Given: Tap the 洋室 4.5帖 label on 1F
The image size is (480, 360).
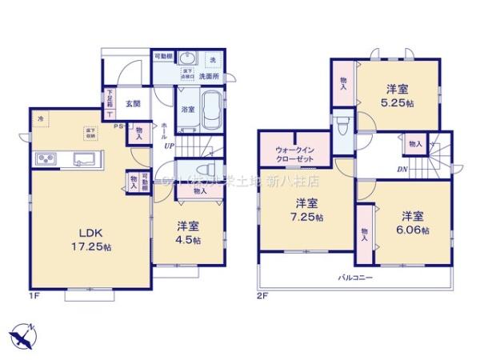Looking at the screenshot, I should [189, 232].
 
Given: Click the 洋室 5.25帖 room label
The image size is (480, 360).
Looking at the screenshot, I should [396, 96].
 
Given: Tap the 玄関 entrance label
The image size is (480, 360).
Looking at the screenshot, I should [133, 103].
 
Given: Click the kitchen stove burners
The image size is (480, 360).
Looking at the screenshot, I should [45, 158].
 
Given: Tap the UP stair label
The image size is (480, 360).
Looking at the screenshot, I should [170, 146].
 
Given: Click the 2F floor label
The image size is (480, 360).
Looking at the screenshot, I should [260, 296].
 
